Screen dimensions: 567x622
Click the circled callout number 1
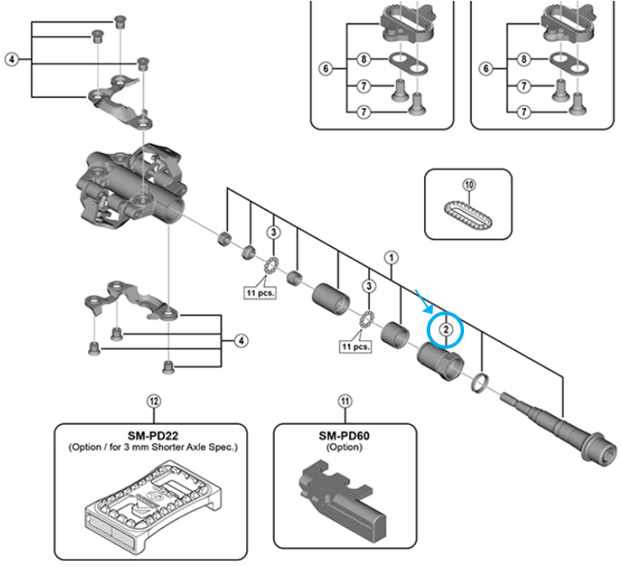392,257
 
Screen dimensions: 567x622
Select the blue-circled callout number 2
445,329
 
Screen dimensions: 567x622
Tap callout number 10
468,185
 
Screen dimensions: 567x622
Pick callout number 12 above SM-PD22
154,401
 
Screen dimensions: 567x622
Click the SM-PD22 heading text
153,434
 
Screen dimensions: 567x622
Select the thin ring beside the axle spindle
481,382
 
